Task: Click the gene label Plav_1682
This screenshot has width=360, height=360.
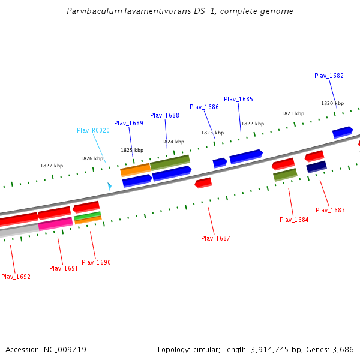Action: [x=329, y=76]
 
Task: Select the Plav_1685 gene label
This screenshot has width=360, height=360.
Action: [x=238, y=99]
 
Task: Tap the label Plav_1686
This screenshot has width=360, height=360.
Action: [x=204, y=107]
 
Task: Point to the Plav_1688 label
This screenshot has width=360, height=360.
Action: [x=164, y=115]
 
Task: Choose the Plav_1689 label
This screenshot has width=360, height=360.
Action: [x=128, y=123]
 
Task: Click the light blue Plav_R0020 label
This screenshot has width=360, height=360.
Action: [x=93, y=130]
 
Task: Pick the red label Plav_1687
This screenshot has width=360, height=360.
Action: [x=215, y=238]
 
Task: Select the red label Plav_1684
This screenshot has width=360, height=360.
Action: [x=294, y=220]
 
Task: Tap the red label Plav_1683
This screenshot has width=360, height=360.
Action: [x=330, y=210]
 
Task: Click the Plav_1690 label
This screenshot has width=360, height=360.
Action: [x=96, y=262]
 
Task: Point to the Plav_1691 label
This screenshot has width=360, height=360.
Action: [x=64, y=268]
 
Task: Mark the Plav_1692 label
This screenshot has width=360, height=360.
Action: [x=16, y=277]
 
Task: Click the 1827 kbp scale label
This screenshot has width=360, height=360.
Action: [x=52, y=166]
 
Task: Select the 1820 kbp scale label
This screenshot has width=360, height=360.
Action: [x=332, y=103]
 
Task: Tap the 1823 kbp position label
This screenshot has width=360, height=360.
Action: [x=212, y=133]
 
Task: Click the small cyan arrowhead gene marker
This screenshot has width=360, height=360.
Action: [x=109, y=187]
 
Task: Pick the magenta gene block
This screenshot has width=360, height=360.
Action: [x=55, y=224]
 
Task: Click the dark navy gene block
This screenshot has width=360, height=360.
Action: [x=316, y=166]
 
